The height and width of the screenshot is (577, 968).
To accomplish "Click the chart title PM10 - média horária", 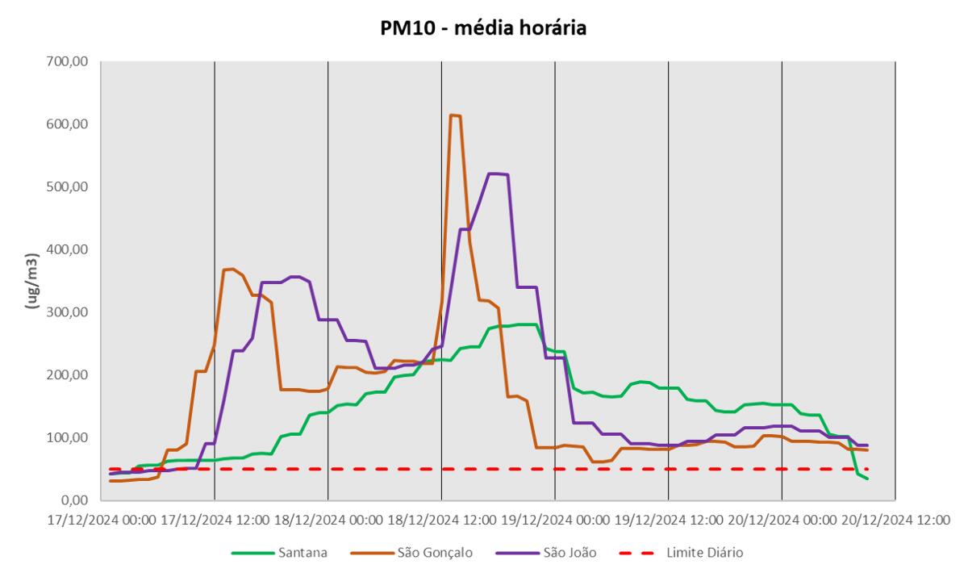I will (x=482, y=29).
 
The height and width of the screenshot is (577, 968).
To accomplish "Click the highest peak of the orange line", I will (x=455, y=115).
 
